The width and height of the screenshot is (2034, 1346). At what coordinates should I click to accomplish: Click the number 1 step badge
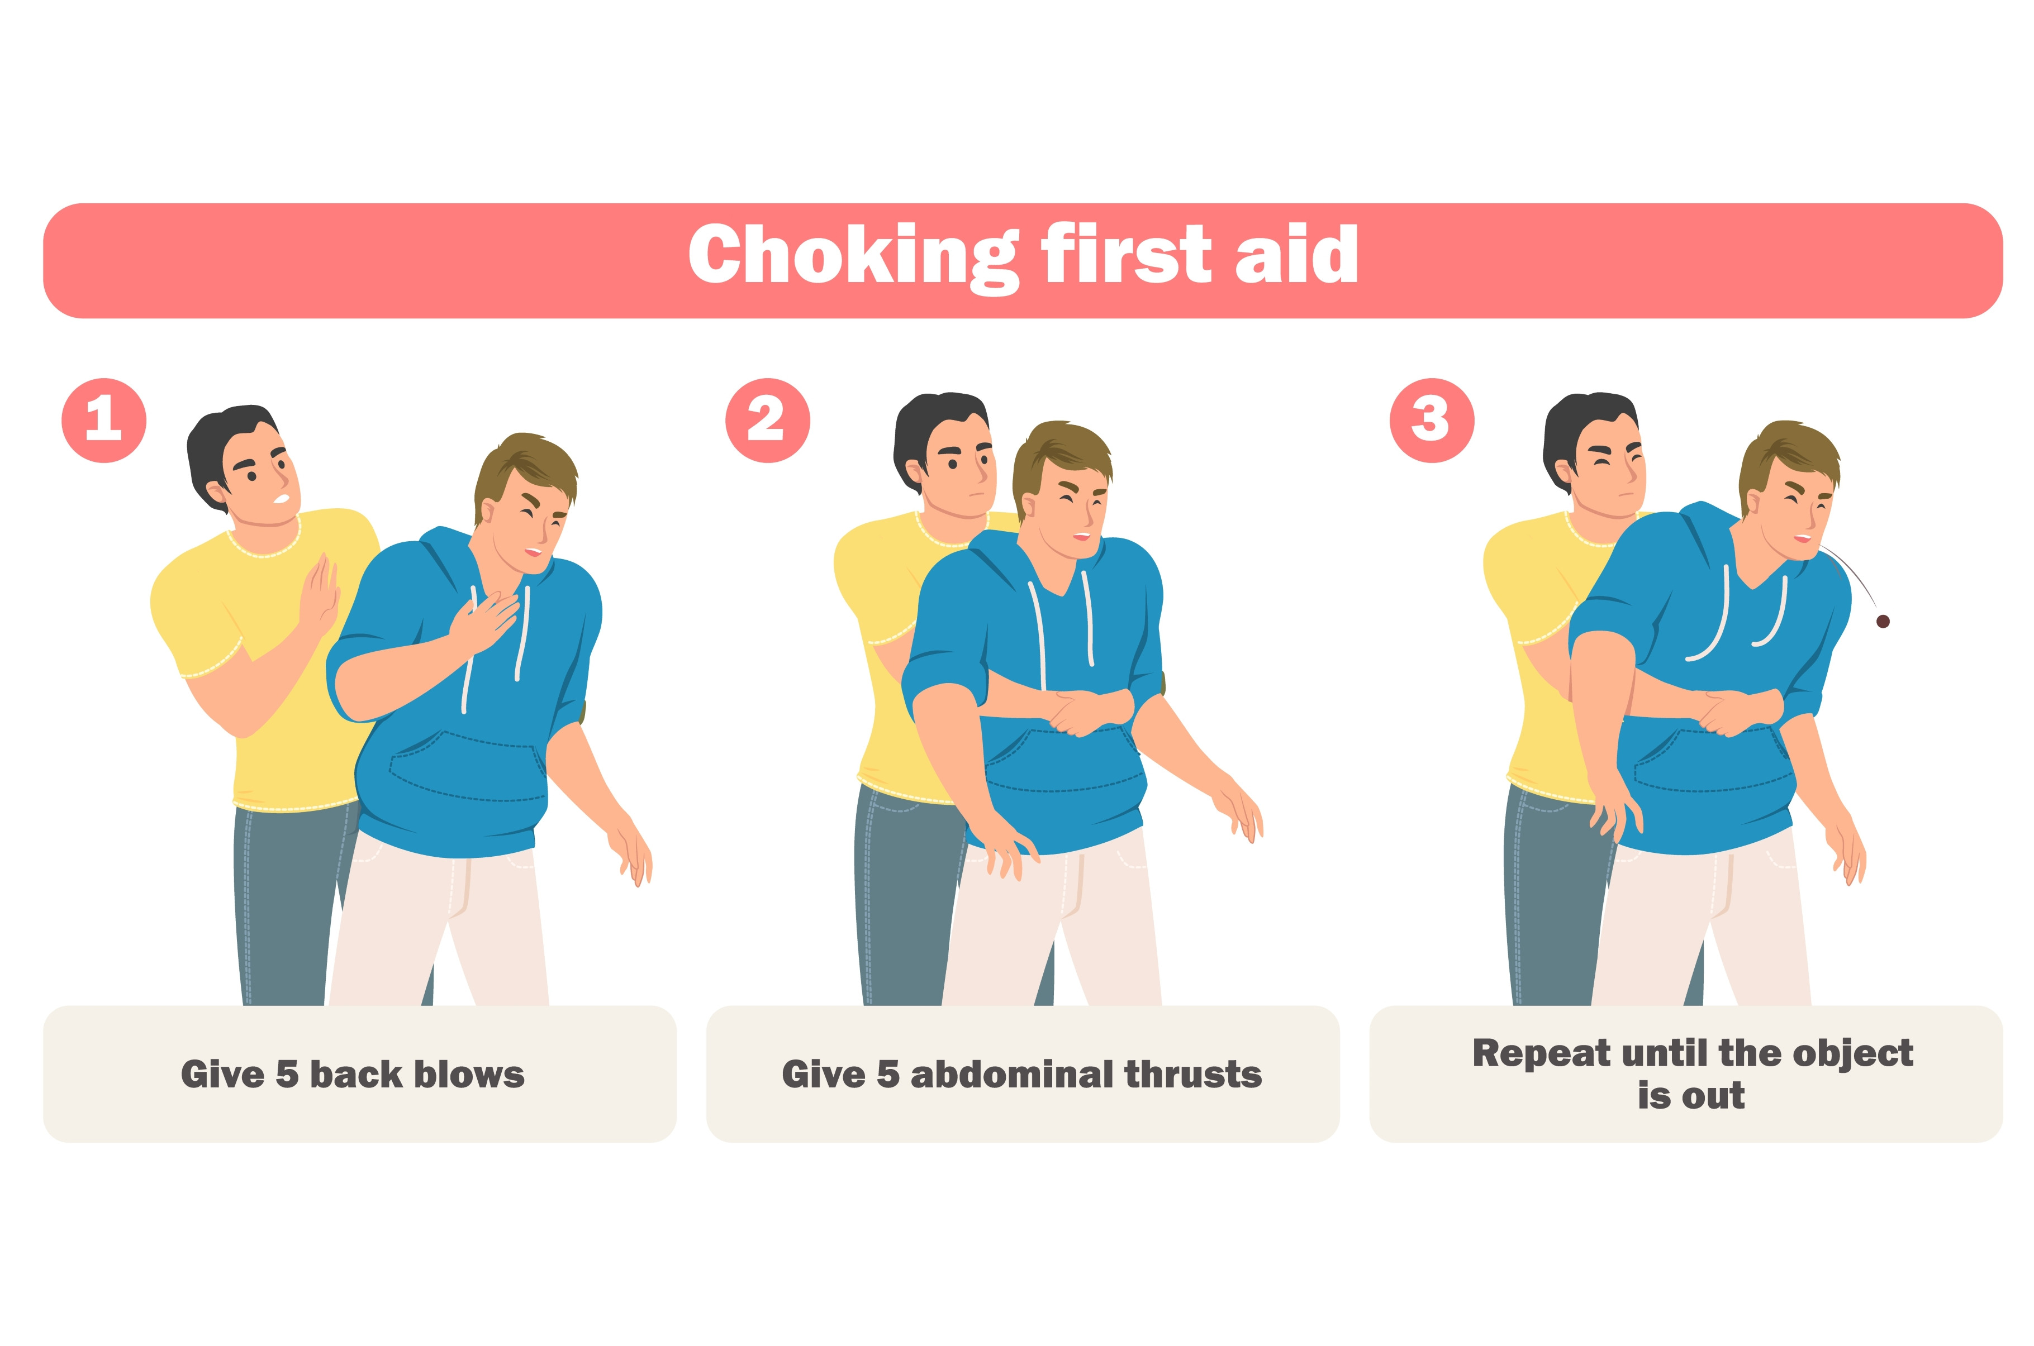[x=104, y=420]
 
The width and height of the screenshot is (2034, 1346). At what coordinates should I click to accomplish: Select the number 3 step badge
[x=1431, y=420]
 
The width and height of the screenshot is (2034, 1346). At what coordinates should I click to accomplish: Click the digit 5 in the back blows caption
[x=287, y=1074]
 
